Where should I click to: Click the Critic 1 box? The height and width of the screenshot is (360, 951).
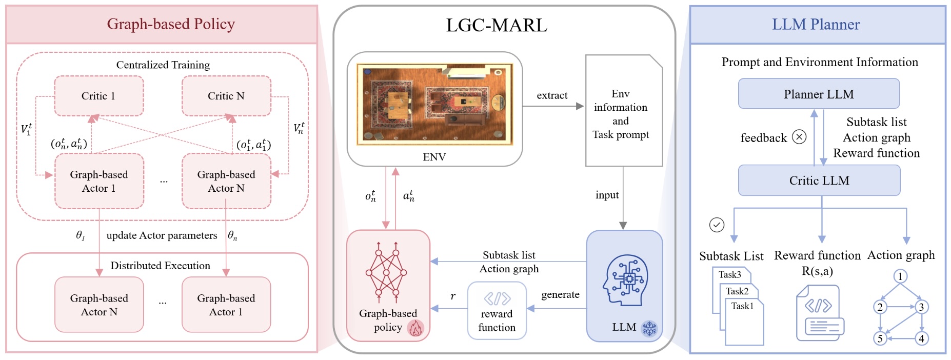click(98, 96)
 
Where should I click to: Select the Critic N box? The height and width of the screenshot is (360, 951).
click(226, 96)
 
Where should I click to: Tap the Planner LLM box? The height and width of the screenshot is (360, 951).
click(819, 94)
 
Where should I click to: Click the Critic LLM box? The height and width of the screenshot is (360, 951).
click(819, 181)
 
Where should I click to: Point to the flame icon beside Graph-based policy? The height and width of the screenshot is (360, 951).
click(415, 328)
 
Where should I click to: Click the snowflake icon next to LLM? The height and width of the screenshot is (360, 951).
click(649, 328)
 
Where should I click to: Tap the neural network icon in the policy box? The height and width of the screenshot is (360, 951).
click(387, 271)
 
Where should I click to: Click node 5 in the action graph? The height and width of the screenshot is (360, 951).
click(880, 338)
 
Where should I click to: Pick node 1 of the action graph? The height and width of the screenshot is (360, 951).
click(900, 276)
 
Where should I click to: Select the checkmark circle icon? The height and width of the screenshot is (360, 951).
click(717, 225)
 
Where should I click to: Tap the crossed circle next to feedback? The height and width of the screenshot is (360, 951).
click(799, 137)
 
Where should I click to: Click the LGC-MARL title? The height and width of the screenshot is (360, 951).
click(497, 25)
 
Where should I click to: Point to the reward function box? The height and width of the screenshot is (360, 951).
click(497, 310)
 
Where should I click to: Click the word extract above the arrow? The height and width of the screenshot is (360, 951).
click(552, 95)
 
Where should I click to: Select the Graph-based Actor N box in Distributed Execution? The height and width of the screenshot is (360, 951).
click(99, 305)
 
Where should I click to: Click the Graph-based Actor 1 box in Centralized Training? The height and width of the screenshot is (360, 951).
click(99, 181)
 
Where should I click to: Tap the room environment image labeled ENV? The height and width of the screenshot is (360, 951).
click(434, 104)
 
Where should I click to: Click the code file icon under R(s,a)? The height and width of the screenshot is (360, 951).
click(819, 313)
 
